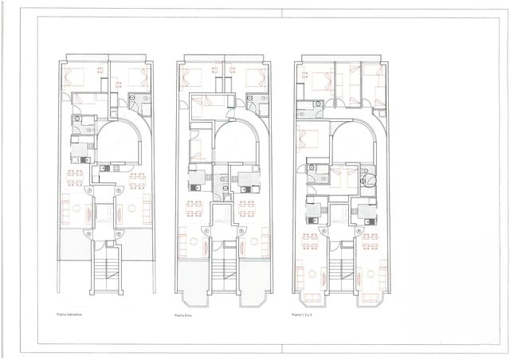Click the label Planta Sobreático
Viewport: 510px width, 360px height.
click(71, 314)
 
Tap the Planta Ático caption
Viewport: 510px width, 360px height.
click(184, 316)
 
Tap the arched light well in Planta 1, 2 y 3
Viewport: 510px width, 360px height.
click(351, 143)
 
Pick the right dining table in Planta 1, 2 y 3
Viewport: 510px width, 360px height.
click(371, 240)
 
